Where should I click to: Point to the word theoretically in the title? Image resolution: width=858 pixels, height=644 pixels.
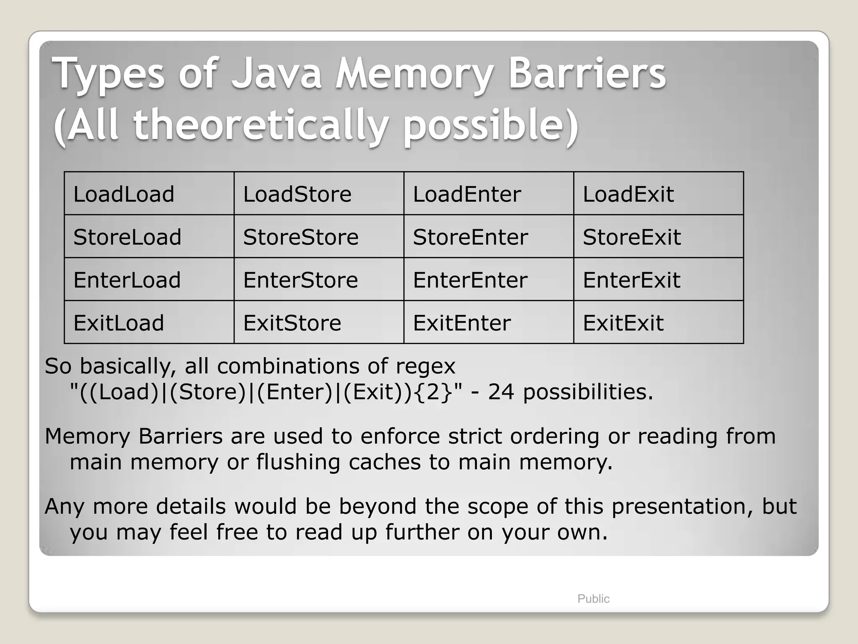pyautogui.click(x=260, y=125)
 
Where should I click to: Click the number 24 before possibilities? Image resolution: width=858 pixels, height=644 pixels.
pyautogui.click(x=501, y=392)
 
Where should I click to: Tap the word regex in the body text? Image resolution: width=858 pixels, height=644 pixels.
pyautogui.click(x=425, y=366)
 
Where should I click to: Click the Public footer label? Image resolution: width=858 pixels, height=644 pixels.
pyautogui.click(x=593, y=599)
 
